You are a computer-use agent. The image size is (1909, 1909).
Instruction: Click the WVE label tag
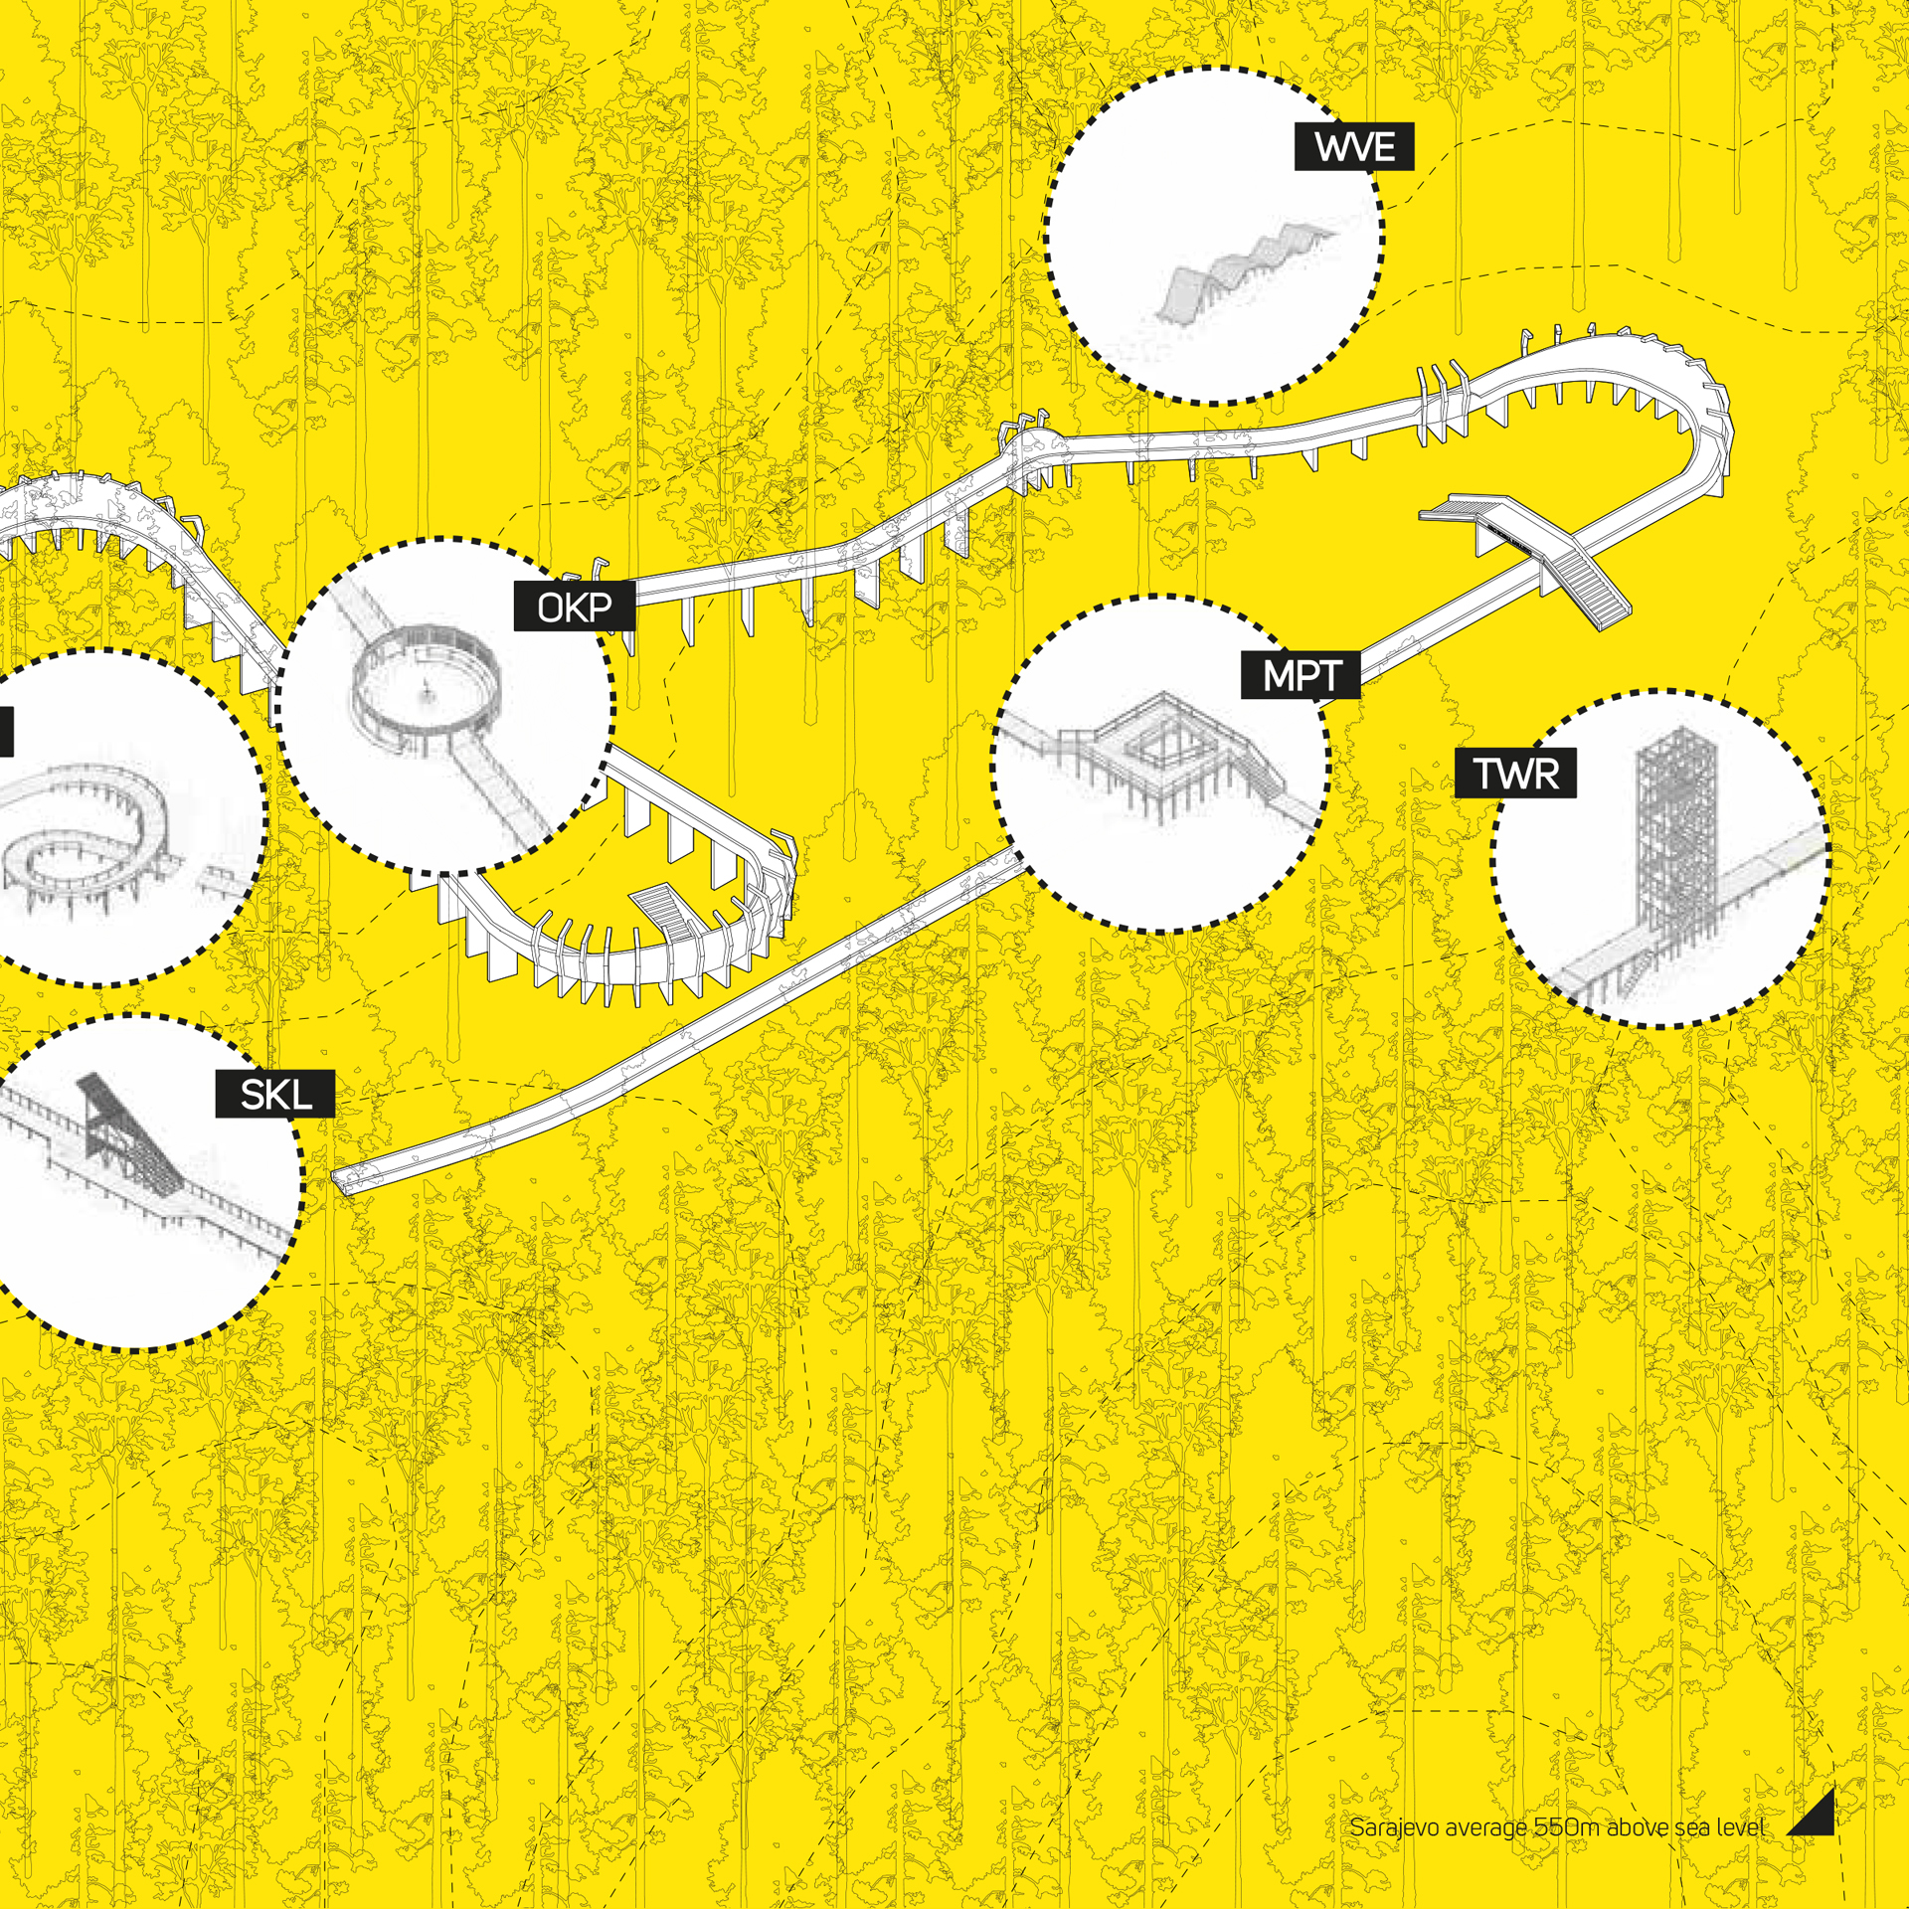[1353, 147]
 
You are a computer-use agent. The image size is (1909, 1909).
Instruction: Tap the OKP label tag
[575, 607]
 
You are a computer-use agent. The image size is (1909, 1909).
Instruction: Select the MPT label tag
[1301, 676]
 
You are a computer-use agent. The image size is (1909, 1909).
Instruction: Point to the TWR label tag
[1515, 774]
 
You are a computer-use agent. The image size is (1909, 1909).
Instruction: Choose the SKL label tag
[275, 1094]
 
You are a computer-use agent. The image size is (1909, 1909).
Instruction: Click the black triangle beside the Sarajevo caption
[1812, 1813]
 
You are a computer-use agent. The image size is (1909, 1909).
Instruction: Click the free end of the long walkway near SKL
[341, 1182]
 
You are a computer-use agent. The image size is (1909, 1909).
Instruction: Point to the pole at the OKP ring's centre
[428, 689]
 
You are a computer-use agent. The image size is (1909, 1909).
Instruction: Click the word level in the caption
[1739, 1826]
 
